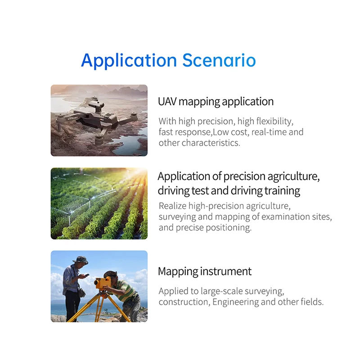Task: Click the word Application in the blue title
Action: [x=129, y=61]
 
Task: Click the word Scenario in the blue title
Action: [x=219, y=60]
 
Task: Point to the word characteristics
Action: [x=211, y=143]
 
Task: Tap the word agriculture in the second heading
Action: [x=294, y=177]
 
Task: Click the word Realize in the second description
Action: [x=172, y=206]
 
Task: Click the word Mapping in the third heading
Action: [x=178, y=272]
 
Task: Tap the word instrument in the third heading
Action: [x=226, y=271]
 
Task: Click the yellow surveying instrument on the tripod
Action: [x=103, y=283]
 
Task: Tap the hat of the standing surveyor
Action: [x=81, y=260]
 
